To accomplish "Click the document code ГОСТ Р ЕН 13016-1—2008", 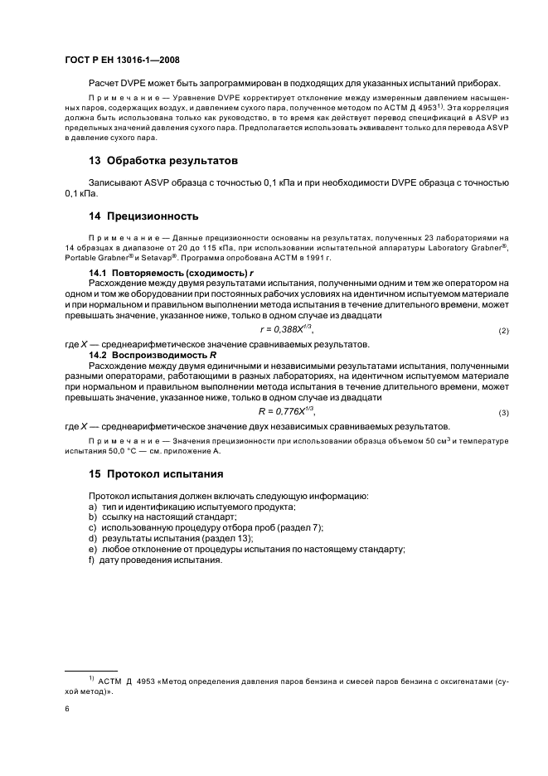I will pyautogui.click(x=122, y=61).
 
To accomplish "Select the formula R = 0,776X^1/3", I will pyautogui.click(x=287, y=412).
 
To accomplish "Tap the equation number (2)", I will pyautogui.click(x=503, y=332).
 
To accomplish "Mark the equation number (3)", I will pyautogui.click(x=503, y=413).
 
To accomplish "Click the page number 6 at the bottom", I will pyautogui.click(x=67, y=710).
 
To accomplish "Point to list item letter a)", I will pyautogui.click(x=94, y=507).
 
